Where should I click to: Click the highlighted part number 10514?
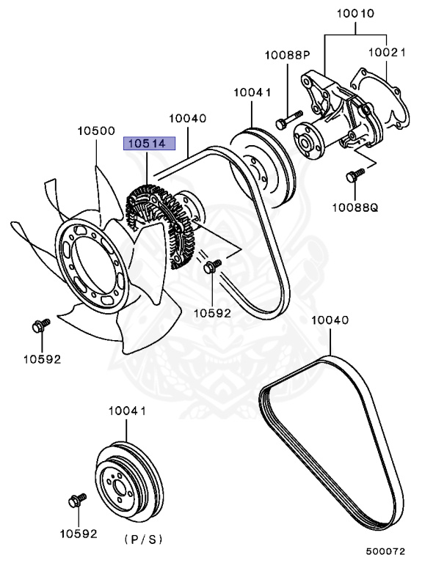click(x=149, y=144)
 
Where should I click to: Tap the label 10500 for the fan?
click(x=96, y=131)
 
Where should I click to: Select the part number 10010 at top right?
click(x=356, y=13)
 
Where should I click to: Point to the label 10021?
click(x=388, y=53)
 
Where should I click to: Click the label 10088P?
click(x=288, y=55)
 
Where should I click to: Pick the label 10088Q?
click(x=354, y=207)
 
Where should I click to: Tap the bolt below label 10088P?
click(x=287, y=119)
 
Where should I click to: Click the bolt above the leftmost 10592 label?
click(x=40, y=325)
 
